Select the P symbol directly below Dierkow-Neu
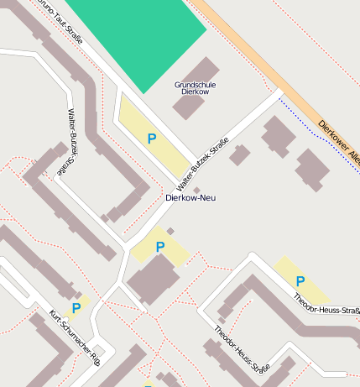[x=159, y=247]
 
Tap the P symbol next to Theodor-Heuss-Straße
[x=300, y=281]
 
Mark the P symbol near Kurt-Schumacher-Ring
[x=76, y=309]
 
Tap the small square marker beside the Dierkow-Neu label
[x=196, y=189]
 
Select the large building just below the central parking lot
[x=152, y=280]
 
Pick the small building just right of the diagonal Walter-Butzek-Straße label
[x=240, y=154]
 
